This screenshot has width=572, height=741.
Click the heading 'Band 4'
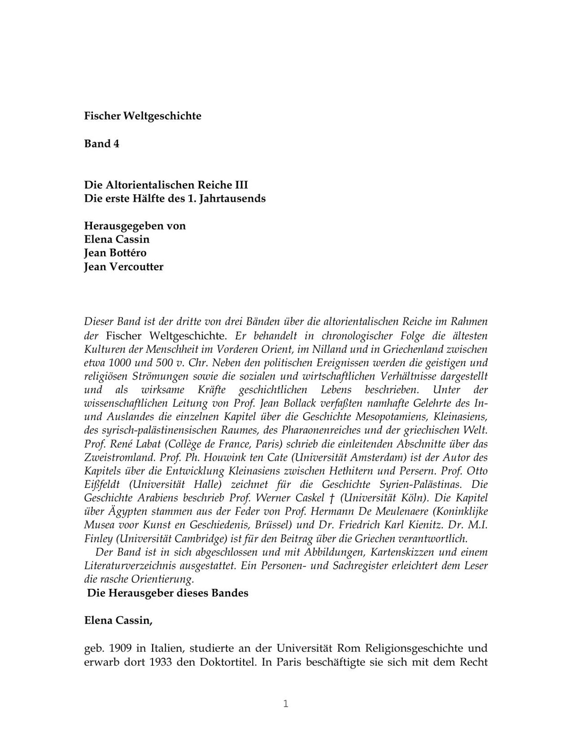(102, 144)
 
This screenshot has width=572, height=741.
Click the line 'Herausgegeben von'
(135, 226)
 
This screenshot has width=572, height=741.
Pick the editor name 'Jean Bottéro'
(115, 253)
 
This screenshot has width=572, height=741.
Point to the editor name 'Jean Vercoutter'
(123, 267)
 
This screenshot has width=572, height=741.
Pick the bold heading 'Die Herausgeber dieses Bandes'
(168, 593)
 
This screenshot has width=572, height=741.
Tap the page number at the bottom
(286, 704)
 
